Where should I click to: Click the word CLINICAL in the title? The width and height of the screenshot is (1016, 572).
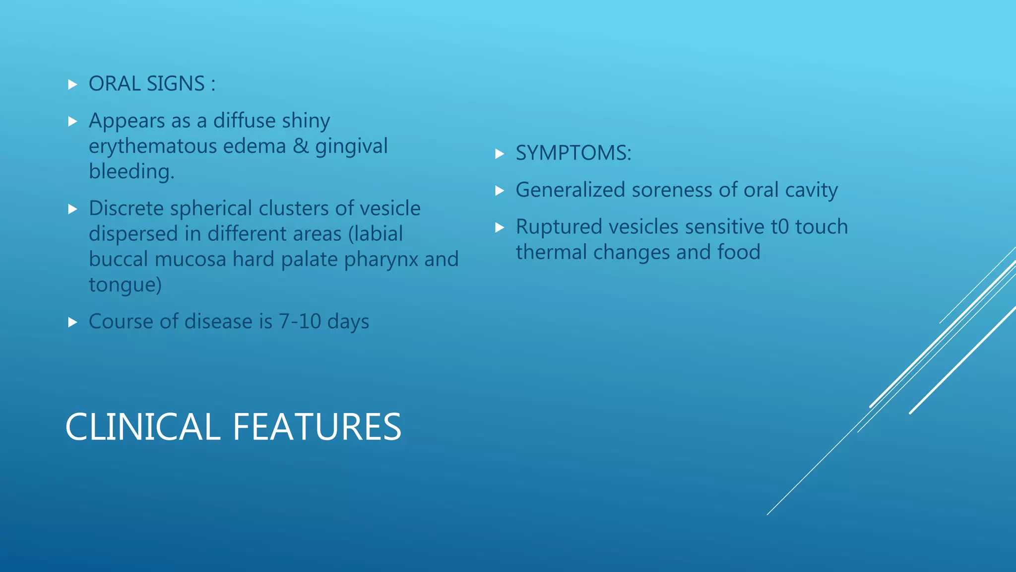pos(142,427)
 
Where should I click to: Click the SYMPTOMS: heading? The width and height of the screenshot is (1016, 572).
pos(573,153)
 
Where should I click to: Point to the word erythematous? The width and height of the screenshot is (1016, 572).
pos(152,146)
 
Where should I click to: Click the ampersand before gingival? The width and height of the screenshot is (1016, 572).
pos(301,146)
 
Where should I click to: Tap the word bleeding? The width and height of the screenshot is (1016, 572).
pos(131,171)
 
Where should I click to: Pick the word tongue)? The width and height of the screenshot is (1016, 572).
pos(125,285)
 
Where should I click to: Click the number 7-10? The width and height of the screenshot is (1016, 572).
pos(300,322)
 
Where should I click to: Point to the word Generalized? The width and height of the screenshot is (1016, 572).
pos(570,190)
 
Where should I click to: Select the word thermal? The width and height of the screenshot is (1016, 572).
pos(551,252)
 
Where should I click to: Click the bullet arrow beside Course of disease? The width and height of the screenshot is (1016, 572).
pos(72,323)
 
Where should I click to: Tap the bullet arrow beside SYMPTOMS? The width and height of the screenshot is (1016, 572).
pos(500,154)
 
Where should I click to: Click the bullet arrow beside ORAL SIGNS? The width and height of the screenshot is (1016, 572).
pos(72,85)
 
